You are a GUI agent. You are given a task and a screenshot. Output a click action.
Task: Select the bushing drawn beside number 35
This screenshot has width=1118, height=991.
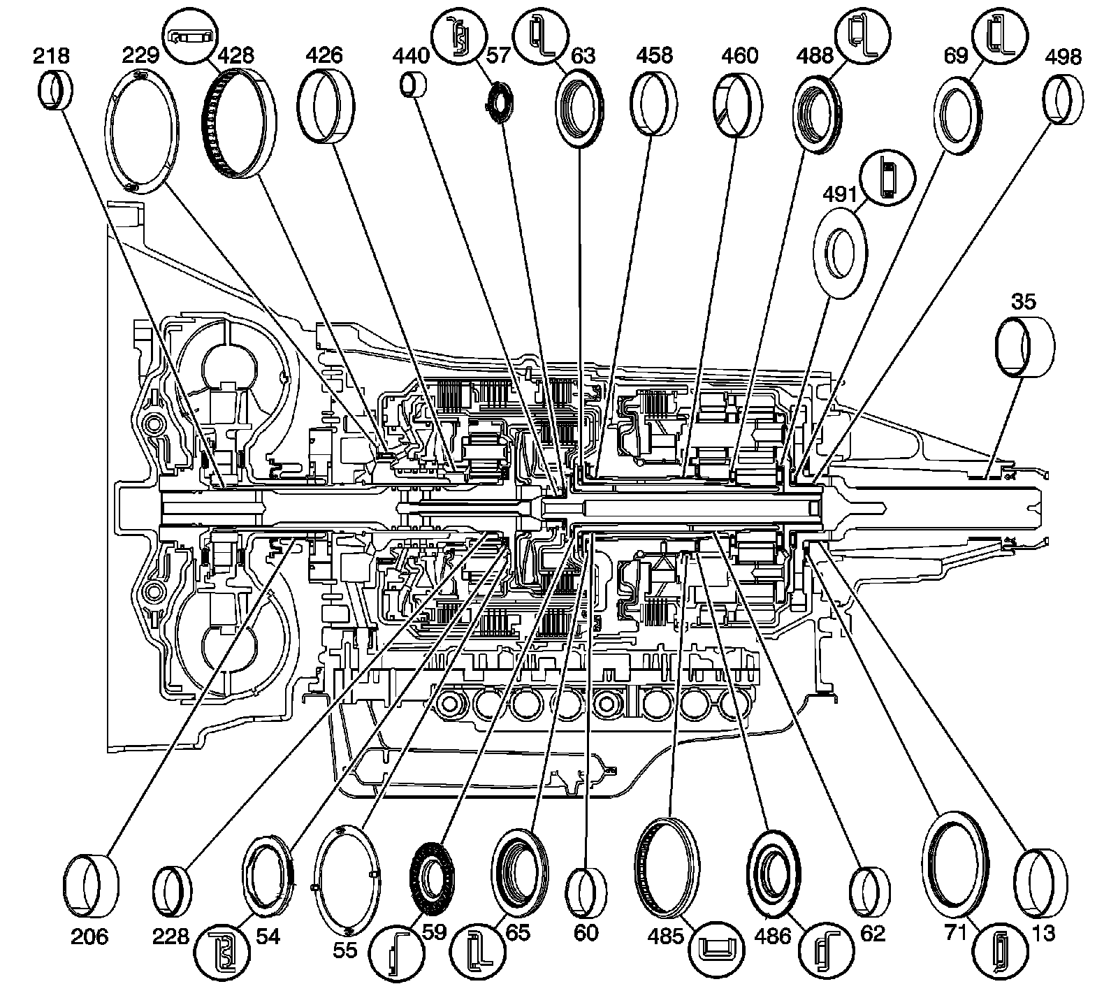pos(1024,347)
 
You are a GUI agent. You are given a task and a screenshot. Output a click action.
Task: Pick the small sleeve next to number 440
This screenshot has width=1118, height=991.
pos(413,86)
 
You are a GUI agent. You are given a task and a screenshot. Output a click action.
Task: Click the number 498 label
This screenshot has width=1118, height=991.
pos(1063,56)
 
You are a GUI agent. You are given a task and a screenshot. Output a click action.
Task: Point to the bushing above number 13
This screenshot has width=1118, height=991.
pos(1040,881)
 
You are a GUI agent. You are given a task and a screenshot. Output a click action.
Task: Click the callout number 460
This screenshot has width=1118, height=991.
pos(740,55)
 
